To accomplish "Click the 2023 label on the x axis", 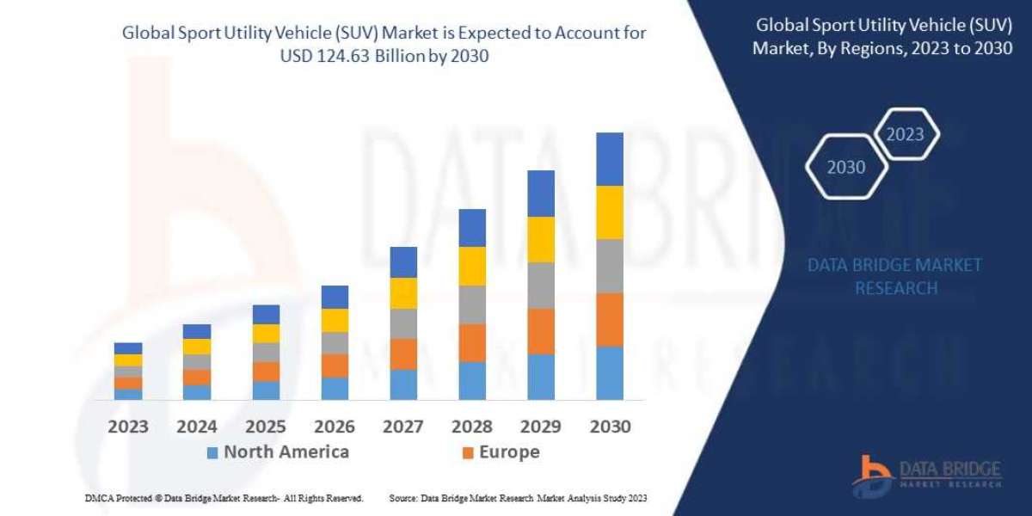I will [127, 427].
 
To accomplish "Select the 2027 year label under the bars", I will [402, 427].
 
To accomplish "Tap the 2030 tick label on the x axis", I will [609, 427].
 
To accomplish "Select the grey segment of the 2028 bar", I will [472, 304].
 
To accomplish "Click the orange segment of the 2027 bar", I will [403, 353].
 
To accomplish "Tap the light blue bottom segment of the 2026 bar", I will [335, 388].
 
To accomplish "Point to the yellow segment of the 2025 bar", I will [266, 334].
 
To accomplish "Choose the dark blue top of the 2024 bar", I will [197, 331].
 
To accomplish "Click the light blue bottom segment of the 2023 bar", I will [128, 394].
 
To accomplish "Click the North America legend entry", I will [277, 452].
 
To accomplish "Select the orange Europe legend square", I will [468, 452].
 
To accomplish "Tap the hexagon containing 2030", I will [846, 168].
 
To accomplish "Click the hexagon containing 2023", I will [905, 134].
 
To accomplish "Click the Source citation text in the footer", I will [518, 499].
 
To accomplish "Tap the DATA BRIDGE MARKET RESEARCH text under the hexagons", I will [894, 276].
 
